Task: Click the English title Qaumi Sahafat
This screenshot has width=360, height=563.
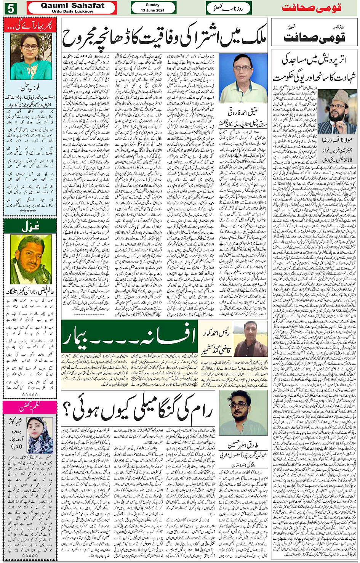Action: click(x=72, y=5)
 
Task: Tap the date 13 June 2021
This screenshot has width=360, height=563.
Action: click(x=152, y=10)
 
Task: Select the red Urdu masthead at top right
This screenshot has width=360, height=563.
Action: click(x=311, y=8)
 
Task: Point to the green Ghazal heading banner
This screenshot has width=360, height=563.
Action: click(x=30, y=226)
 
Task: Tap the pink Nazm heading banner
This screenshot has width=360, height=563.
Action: click(x=30, y=407)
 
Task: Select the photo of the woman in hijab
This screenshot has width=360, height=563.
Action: click(x=40, y=435)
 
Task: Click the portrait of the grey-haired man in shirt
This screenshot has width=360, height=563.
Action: click(x=243, y=78)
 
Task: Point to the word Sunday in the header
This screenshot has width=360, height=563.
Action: click(x=152, y=5)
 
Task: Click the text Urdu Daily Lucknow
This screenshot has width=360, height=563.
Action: click(x=72, y=11)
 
